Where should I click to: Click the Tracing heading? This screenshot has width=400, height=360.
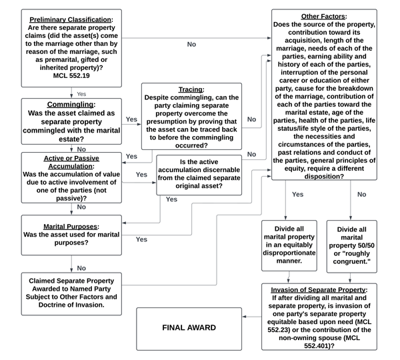click(x=191, y=89)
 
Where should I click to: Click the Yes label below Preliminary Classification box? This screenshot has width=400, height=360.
click(x=81, y=94)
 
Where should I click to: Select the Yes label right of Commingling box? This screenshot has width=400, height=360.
click(x=131, y=119)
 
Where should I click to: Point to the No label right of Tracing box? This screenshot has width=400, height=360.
click(x=251, y=119)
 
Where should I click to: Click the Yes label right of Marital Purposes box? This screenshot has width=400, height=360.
click(x=141, y=239)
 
